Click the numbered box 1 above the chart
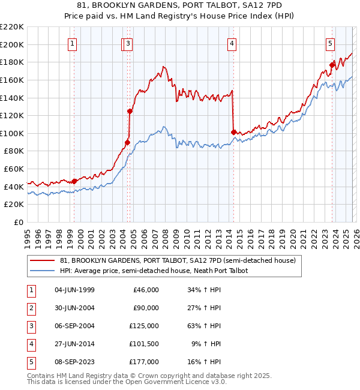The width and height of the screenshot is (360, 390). tap(72, 43)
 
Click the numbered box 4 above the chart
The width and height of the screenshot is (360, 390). tap(231, 43)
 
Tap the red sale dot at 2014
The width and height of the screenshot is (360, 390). tap(233, 131)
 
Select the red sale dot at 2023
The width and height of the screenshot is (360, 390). tap(332, 65)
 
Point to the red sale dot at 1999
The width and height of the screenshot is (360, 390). tap(74, 181)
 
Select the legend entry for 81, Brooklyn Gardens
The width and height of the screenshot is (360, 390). tap(178, 261)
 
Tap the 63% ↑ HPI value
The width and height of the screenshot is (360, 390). tap(204, 325)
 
